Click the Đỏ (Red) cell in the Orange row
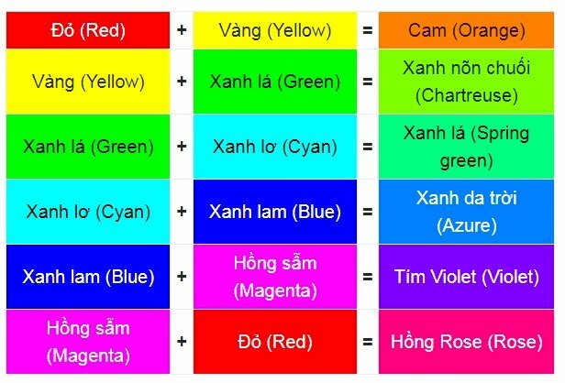88,30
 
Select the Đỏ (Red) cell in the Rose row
275,342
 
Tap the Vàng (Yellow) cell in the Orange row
275,30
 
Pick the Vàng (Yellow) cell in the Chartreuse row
88,81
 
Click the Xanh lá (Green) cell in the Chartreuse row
275,81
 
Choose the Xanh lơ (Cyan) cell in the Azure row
88,212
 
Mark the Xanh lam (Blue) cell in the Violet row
88,277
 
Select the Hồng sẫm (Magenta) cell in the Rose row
88,342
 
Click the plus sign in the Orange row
182,30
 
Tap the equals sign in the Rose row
368,342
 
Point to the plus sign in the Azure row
182,212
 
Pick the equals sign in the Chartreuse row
368,81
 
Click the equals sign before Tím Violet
368,277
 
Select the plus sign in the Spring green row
182,146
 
